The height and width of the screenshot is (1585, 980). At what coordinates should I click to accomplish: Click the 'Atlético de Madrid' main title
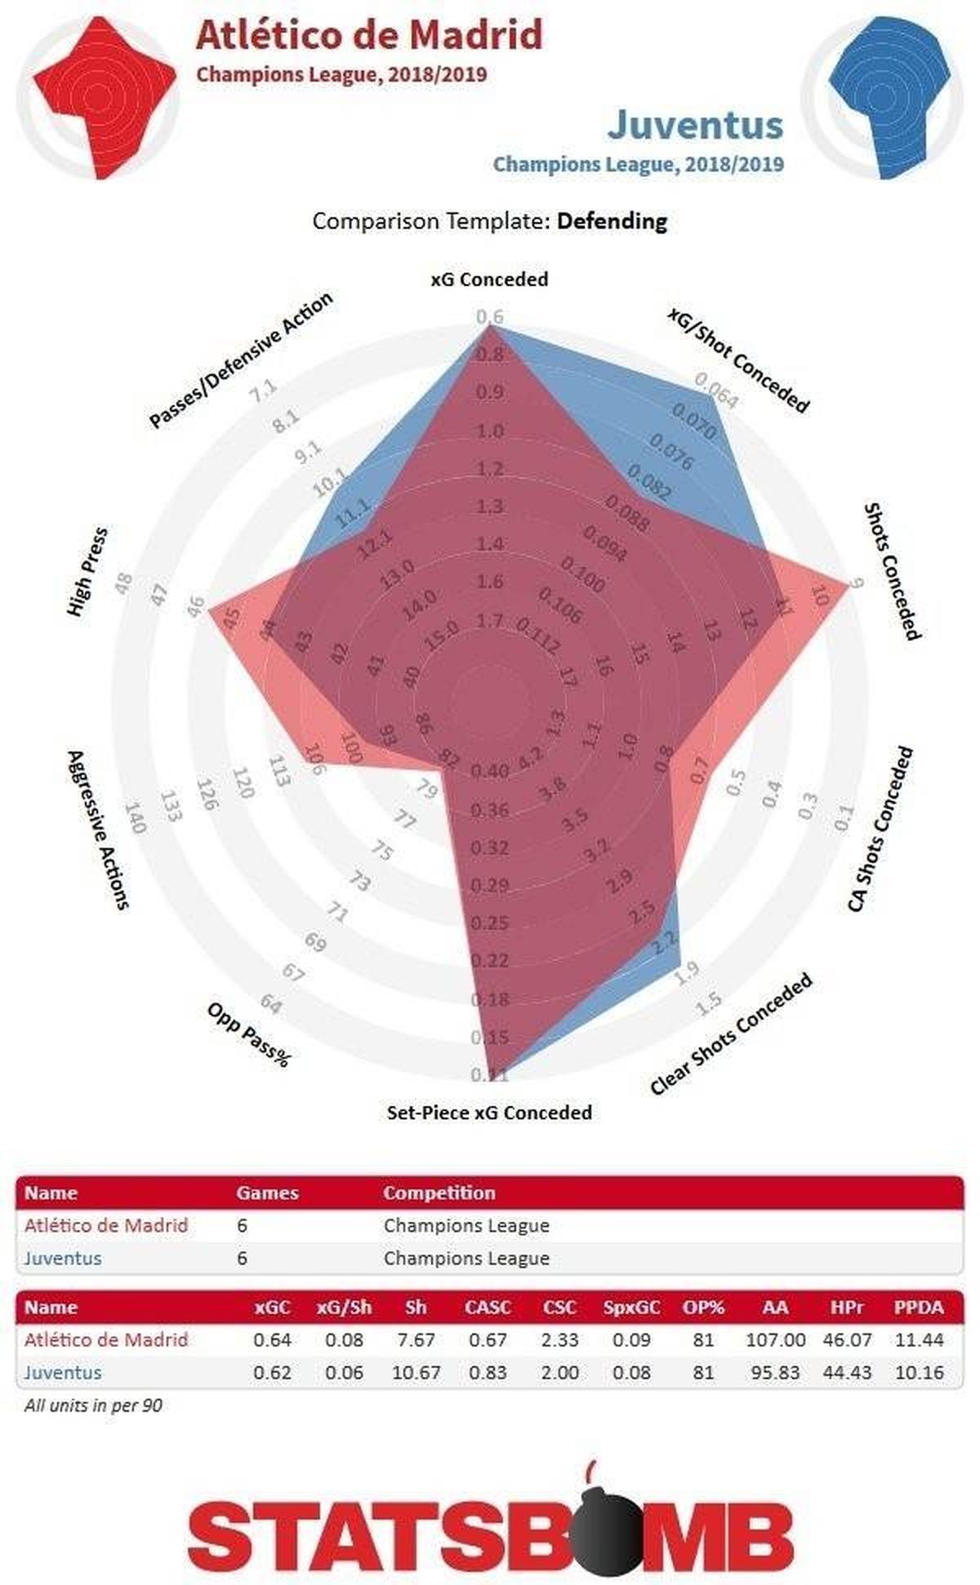point(369,36)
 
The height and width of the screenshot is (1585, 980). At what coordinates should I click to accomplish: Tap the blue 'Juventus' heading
point(695,124)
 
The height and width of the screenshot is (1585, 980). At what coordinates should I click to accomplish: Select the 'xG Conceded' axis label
point(489,279)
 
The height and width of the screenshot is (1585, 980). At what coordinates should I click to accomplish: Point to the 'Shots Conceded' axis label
point(892,571)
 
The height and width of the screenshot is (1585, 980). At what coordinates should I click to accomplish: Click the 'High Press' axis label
point(88,572)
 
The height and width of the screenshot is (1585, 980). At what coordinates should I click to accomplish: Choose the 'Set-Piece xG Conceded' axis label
point(489,1112)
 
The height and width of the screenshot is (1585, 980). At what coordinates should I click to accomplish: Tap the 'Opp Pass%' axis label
point(248,1034)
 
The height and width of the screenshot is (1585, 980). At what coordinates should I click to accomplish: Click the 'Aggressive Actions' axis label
point(98,829)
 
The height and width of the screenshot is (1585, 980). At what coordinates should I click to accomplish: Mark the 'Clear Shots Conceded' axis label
point(731,1034)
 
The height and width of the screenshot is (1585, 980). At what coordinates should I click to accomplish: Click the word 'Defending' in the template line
point(612,221)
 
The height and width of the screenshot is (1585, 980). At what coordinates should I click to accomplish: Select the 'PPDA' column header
point(919,1307)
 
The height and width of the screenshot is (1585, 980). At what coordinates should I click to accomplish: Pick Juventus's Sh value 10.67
point(416,1372)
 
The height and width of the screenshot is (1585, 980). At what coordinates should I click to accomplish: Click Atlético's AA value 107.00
point(775,1340)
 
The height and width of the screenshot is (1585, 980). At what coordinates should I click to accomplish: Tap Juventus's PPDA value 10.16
point(919,1372)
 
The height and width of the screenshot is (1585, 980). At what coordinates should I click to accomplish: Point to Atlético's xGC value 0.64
point(272,1340)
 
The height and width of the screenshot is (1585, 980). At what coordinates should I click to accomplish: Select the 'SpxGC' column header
point(631,1307)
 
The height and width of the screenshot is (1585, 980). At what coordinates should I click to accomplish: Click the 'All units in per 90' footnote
point(93,1406)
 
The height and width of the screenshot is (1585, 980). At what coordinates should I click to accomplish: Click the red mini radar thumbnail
point(98,98)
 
